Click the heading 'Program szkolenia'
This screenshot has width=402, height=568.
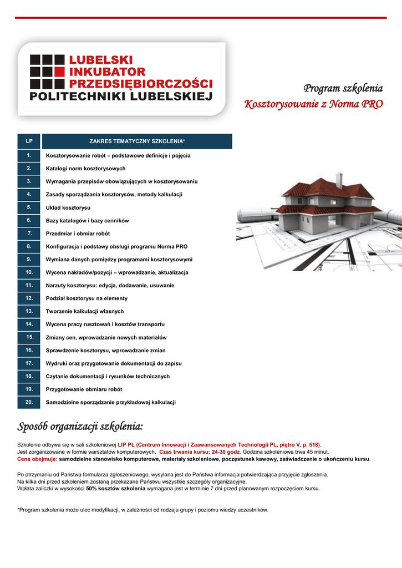pos(343,89)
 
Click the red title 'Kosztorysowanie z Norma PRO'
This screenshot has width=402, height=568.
pos(314,104)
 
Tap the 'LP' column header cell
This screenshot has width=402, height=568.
pos(29,141)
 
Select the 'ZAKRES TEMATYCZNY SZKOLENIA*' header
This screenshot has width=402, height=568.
pos(137,141)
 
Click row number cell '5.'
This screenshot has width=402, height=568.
pos(29,207)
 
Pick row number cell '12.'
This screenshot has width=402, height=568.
pos(29,298)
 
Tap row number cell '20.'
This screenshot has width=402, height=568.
pos(29,402)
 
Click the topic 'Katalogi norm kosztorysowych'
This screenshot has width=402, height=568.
pos(85,168)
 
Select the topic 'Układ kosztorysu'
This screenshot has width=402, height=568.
pos(68,207)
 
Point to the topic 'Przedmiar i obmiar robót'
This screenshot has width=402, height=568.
pos(78,234)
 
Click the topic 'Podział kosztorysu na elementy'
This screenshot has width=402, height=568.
pos(86,298)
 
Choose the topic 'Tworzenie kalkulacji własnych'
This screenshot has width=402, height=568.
pos(85,311)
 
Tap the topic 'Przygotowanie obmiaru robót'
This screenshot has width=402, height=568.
pos(84,389)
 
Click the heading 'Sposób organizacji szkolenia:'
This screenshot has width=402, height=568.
pos(80,427)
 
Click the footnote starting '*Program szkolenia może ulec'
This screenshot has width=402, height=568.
pos(143,510)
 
